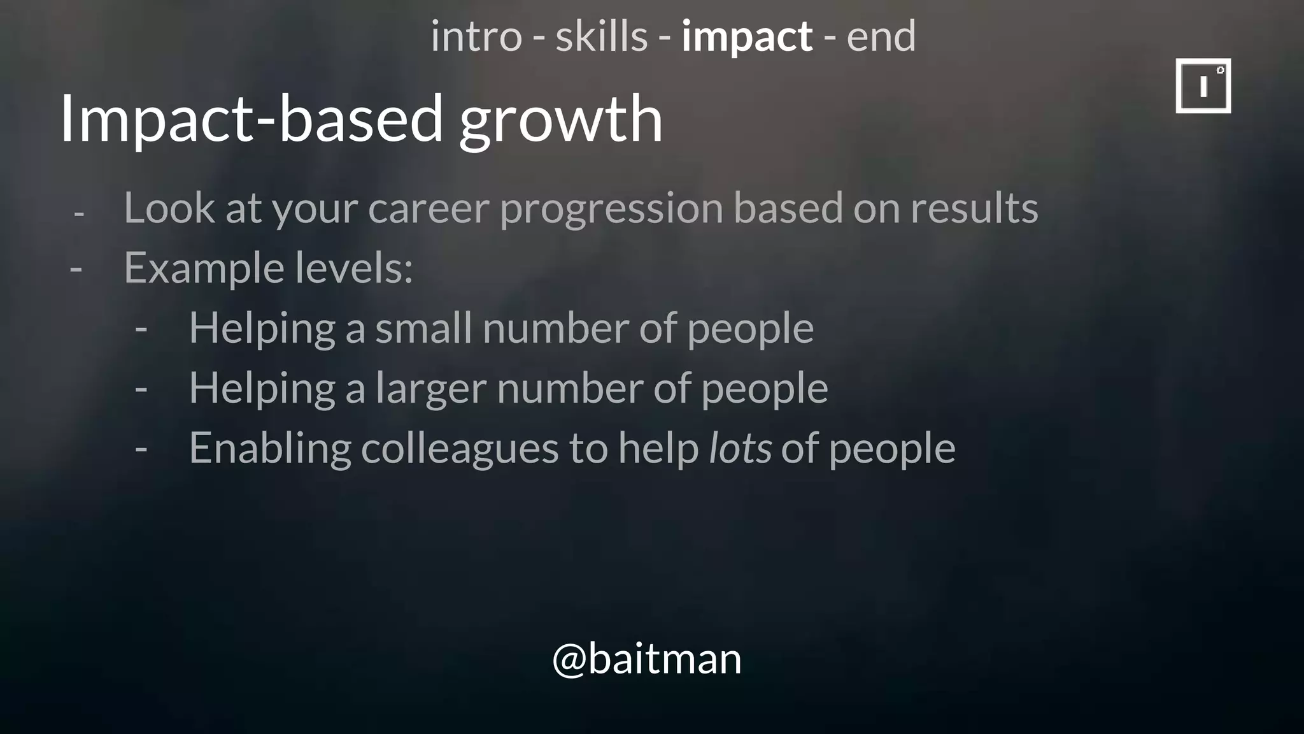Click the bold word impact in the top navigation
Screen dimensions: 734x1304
746,36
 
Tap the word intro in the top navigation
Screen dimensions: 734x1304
476,36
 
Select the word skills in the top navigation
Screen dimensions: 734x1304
601,36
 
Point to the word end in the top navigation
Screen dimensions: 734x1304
881,36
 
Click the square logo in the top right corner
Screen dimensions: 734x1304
1203,86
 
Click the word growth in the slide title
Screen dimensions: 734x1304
561,119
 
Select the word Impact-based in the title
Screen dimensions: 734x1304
252,119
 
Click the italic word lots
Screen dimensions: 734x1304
740,448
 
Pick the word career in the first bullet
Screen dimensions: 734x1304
429,209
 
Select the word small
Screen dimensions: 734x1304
423,328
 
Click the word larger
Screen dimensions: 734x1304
431,389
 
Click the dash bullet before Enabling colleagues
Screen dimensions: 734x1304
141,449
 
